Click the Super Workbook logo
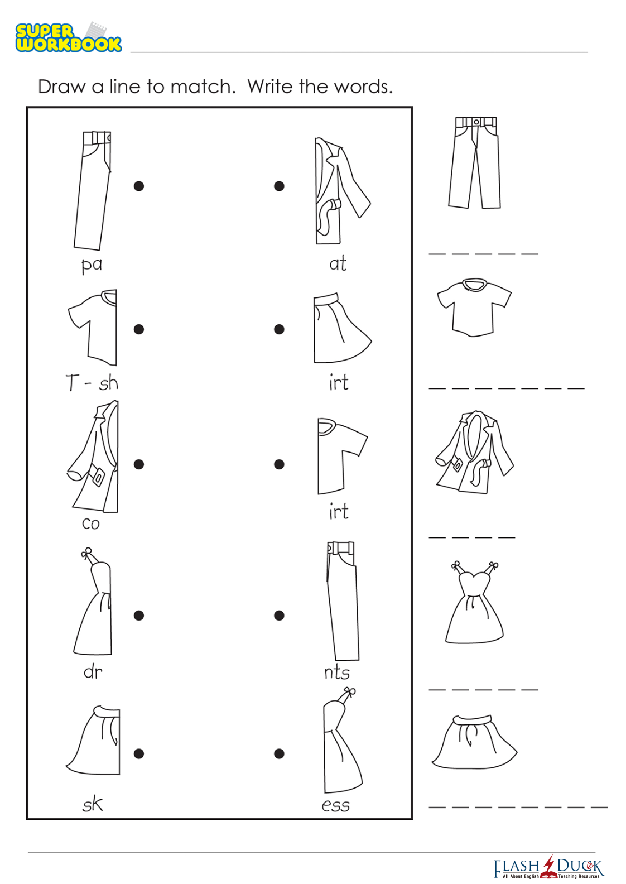click(68, 37)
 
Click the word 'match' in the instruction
click(203, 87)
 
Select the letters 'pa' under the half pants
click(92, 265)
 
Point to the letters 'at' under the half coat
click(338, 263)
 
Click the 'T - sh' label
click(92, 382)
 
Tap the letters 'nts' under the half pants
click(337, 672)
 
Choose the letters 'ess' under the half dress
click(336, 805)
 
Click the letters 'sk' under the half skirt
click(93, 804)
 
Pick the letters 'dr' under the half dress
click(93, 672)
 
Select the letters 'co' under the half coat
click(91, 523)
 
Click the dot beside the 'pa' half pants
click(139, 186)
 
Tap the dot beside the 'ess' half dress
click(280, 753)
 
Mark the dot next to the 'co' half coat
click(139, 464)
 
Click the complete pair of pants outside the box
click(475, 162)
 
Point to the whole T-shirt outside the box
click(474, 308)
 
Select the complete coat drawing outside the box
click(475, 452)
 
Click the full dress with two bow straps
click(475, 602)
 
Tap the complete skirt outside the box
click(475, 742)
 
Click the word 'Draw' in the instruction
click(61, 87)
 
